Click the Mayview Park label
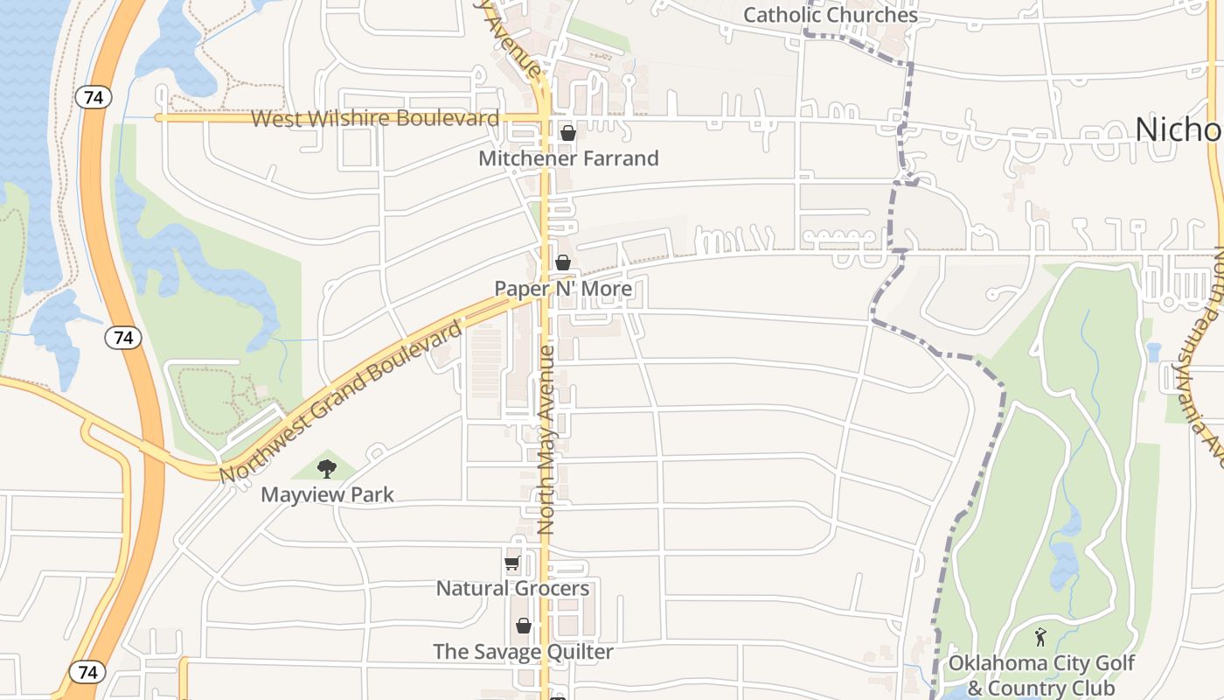(327, 494)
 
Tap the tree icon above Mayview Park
(327, 469)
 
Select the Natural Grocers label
(512, 588)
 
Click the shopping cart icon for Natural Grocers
(512, 563)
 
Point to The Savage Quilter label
(523, 652)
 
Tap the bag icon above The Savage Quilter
(524, 626)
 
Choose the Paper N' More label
(563, 289)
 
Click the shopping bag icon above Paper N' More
(563, 262)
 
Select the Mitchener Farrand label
(568, 158)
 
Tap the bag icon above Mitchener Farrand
(568, 133)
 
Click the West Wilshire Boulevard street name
(375, 118)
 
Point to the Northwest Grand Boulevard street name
(341, 402)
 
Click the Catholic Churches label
(830, 15)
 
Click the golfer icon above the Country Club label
(1040, 637)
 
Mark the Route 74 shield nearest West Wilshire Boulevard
(94, 97)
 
